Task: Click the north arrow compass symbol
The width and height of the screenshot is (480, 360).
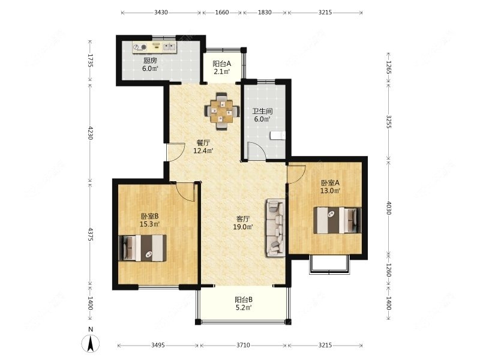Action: click(91, 343)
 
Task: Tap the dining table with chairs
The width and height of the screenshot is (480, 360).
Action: click(221, 111)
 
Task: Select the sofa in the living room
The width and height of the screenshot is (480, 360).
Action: click(276, 228)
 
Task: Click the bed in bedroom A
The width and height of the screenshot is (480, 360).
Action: click(337, 220)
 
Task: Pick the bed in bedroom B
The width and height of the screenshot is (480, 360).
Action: click(142, 248)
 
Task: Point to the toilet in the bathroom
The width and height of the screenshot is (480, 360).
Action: click(278, 136)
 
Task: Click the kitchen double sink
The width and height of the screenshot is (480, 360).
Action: click(169, 47)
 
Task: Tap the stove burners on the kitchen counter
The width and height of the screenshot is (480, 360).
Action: click(140, 47)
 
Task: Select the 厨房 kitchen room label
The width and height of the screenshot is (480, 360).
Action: click(150, 61)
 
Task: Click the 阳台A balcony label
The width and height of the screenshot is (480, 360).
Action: click(222, 64)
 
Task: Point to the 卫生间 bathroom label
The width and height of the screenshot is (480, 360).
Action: click(262, 111)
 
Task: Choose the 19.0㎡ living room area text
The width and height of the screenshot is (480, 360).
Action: click(243, 227)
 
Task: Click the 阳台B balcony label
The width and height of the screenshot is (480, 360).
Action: click(244, 299)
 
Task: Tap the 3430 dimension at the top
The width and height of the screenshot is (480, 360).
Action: click(161, 13)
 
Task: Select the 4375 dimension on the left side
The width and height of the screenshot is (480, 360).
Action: click(90, 234)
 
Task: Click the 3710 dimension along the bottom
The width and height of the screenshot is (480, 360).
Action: click(243, 346)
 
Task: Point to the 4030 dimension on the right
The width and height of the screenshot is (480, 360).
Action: click(389, 208)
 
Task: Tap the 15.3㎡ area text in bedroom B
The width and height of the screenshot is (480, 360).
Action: click(149, 224)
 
